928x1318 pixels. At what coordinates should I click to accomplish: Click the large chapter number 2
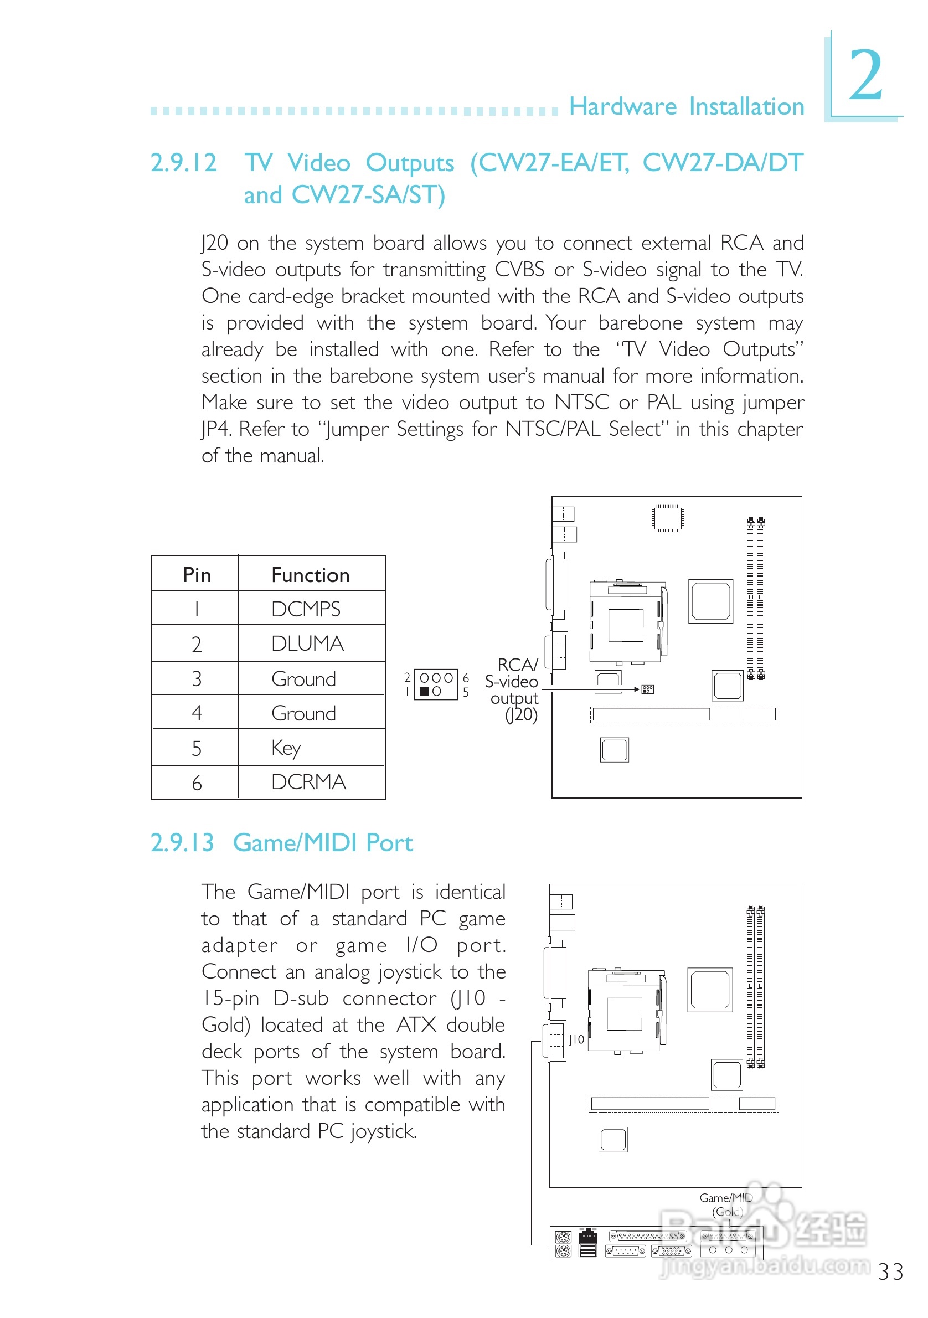[865, 75]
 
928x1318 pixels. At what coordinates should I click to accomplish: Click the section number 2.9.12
[183, 162]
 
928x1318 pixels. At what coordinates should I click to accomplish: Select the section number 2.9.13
[182, 843]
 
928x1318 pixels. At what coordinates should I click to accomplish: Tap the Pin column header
[196, 575]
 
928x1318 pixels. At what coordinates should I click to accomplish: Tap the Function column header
[310, 575]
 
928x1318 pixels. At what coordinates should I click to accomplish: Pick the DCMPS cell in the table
[305, 609]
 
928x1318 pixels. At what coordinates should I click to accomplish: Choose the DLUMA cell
[307, 643]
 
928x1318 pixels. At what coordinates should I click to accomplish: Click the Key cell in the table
[286, 748]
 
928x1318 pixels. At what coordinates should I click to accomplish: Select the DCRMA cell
[308, 782]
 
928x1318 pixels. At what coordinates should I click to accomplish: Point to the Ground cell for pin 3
[303, 678]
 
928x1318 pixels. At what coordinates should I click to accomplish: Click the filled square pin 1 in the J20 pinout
[424, 692]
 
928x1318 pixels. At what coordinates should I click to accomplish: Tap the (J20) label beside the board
[521, 715]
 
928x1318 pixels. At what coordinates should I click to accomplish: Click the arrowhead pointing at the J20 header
[636, 689]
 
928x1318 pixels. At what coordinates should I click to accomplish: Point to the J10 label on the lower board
[576, 1039]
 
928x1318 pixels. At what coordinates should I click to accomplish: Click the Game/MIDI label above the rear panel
[726, 1197]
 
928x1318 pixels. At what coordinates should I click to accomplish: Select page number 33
[890, 1272]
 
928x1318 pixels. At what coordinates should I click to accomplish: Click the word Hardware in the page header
[623, 107]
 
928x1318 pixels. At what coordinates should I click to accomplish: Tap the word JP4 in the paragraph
[217, 429]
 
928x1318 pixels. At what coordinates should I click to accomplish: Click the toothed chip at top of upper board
[667, 518]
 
